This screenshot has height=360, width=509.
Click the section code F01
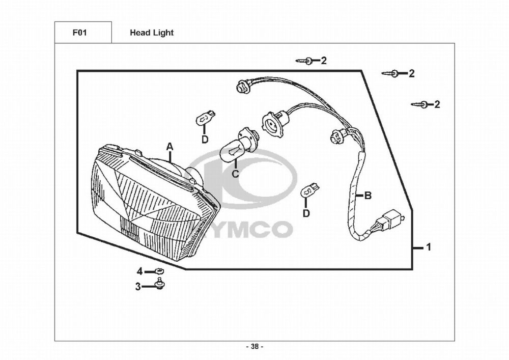coord(79,33)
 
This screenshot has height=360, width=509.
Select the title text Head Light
coord(152,33)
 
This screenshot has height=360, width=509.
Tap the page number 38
coord(255,346)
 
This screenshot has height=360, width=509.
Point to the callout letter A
coord(169,147)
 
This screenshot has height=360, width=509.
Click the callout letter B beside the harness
coord(368,196)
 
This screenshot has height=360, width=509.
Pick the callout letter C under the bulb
coord(235,174)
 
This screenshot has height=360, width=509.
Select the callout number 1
coord(429,247)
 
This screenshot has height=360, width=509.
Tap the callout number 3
coord(138,287)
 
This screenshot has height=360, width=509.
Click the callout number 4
coord(139,271)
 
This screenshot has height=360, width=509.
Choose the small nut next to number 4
coord(159,271)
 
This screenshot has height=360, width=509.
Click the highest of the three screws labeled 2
coord(305,61)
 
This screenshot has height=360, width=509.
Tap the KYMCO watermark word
coord(240,229)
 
